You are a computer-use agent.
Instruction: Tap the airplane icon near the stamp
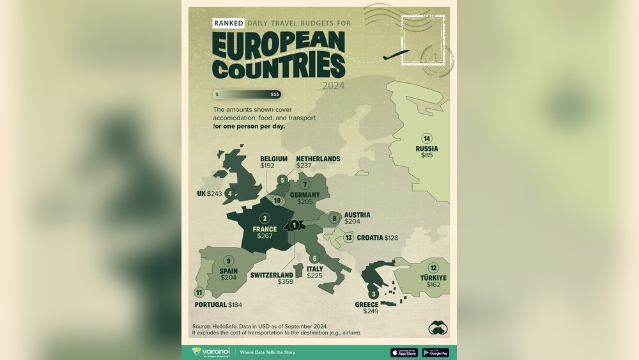click(x=396, y=56)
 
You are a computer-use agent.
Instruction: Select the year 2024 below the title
click(x=334, y=85)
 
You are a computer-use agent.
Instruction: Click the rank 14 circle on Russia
click(x=427, y=138)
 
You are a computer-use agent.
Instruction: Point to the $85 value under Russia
click(x=426, y=155)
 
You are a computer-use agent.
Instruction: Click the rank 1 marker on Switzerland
click(x=294, y=224)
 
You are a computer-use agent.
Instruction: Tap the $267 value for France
click(x=265, y=236)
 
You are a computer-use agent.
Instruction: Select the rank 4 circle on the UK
click(x=229, y=193)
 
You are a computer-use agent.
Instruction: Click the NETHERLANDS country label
click(x=318, y=159)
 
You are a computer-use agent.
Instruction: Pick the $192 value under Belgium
click(x=267, y=166)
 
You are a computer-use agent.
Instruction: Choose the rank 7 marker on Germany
click(x=305, y=185)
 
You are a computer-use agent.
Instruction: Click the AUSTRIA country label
click(x=357, y=215)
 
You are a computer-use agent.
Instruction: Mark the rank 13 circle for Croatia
click(x=348, y=238)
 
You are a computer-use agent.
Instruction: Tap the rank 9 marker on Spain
click(x=228, y=260)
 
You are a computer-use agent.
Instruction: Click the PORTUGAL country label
click(x=211, y=304)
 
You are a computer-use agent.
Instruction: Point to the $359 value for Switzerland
click(x=285, y=281)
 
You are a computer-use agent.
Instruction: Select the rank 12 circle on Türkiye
click(x=434, y=268)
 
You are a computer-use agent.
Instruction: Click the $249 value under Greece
click(x=371, y=311)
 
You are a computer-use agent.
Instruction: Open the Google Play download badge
click(x=435, y=352)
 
